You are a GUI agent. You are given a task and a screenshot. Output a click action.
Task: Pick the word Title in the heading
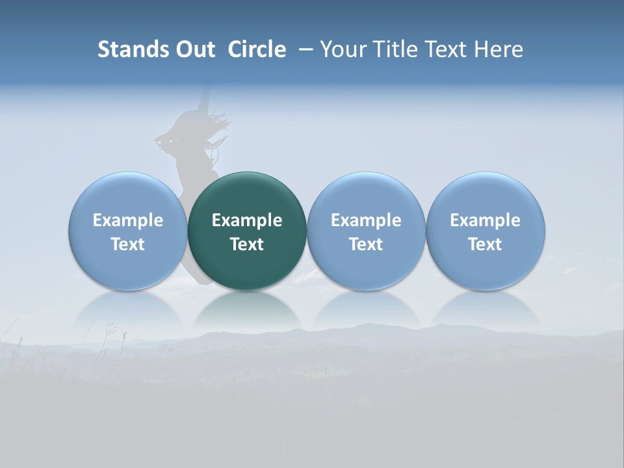coord(391,49)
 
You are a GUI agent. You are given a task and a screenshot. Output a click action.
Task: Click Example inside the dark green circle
coord(247,220)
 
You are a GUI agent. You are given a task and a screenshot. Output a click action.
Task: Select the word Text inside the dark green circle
coord(247,244)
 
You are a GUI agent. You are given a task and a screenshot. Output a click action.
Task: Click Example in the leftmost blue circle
coord(128,220)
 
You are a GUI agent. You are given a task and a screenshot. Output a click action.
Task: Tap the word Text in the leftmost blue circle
coord(128,244)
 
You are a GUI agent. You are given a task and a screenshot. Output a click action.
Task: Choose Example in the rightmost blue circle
coord(485,220)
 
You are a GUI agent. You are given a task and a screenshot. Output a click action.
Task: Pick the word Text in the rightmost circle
coord(485,244)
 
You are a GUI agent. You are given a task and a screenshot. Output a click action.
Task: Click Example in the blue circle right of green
coord(366,220)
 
